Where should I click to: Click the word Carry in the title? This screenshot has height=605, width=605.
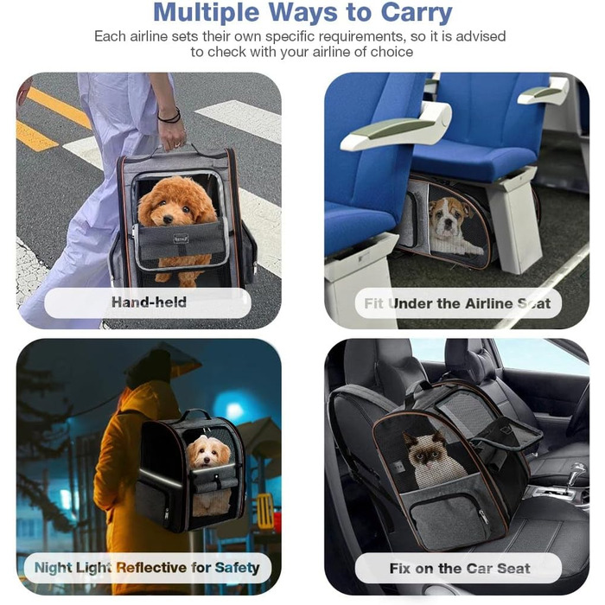[417, 13]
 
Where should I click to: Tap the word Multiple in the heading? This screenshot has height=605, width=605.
[207, 13]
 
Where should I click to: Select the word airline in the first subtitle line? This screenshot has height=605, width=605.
[149, 36]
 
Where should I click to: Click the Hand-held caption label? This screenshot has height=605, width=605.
[149, 302]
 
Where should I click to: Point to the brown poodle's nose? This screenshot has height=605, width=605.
[168, 220]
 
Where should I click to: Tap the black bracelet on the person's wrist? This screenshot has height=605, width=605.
[169, 116]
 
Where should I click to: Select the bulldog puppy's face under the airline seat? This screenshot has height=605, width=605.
[449, 218]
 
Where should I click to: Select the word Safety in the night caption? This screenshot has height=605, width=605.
[237, 568]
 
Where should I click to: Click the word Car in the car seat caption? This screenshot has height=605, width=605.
[479, 569]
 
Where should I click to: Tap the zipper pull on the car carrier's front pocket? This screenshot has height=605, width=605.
[481, 516]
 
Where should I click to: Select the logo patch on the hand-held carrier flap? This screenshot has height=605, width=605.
[181, 239]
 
